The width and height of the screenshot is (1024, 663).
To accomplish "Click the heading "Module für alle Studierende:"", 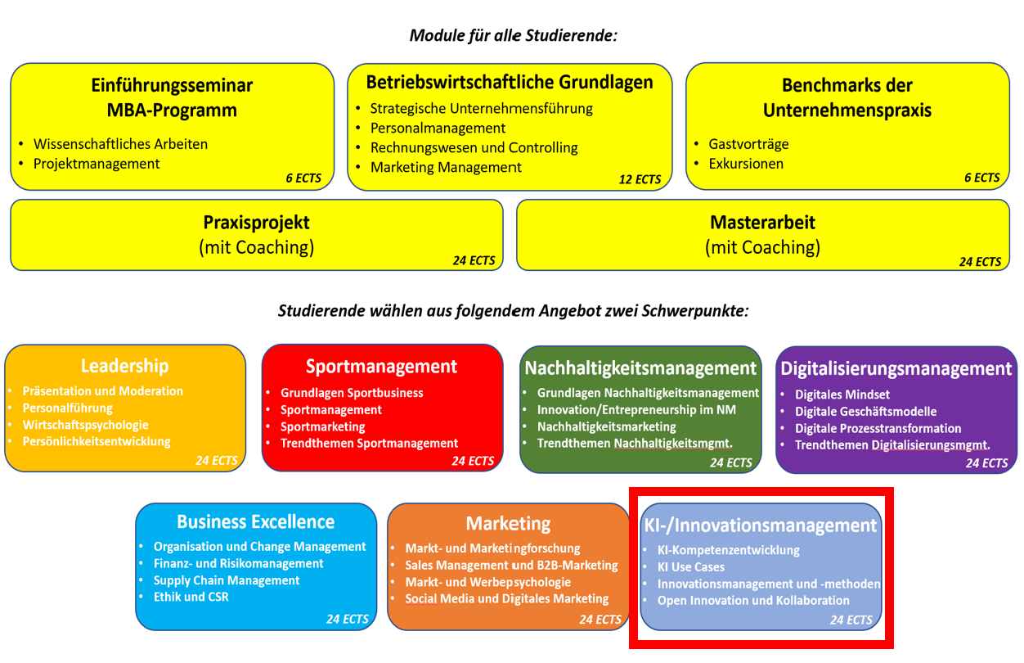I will pos(513,36).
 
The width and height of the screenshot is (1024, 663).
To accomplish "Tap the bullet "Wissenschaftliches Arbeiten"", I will pos(120,144).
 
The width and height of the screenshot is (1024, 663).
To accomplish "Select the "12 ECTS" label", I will pos(640,179).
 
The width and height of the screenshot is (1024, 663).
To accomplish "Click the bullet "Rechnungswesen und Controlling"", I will pos(474,148).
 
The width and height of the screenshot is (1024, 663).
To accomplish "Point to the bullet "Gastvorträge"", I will pos(748,144).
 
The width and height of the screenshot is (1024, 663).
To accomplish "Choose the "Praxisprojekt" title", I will pos(256,223).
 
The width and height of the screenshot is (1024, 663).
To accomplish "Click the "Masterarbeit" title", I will pos(762,223).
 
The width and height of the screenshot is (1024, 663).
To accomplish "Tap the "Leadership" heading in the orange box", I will pos(124,366).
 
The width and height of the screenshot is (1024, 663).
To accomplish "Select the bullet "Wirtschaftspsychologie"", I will pos(86,425).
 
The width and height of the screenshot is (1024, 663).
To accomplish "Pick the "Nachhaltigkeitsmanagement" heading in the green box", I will pos(640,368).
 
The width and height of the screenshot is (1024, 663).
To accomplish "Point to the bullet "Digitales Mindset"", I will pos(842,395).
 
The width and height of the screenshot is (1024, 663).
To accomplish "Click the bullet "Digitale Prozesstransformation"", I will pos(878,428).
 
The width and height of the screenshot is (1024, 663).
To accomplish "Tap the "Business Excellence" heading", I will pos(255,522).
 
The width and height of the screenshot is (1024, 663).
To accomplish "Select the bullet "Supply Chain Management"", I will pos(227,580).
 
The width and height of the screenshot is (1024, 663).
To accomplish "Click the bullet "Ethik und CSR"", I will pos(191,597).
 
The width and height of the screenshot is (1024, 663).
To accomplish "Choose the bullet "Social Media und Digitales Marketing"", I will pos(507,598).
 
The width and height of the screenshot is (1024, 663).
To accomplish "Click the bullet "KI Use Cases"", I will pos(691,566).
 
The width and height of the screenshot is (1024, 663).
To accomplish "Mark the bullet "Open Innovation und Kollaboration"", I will pos(753,600).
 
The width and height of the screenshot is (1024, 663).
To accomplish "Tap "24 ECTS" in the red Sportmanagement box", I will pos(473,462).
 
